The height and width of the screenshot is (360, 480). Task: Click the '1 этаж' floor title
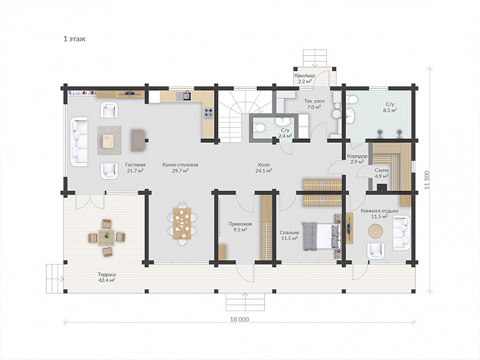coord(75,39)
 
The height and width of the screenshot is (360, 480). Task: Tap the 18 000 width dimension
coord(239,319)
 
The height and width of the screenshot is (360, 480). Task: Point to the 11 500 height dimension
coord(427,180)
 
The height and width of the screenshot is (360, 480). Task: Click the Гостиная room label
coord(136,165)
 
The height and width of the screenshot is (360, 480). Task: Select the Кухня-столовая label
coord(180,165)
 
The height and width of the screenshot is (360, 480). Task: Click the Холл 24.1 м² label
coord(263,167)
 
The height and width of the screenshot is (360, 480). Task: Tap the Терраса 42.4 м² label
coord(106,277)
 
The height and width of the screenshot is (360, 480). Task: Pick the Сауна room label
coord(381,170)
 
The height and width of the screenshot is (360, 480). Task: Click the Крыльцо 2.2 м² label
coord(305,78)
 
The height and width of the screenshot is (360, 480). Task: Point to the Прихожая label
coord(240,224)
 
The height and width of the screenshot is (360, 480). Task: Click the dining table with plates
coord(182,224)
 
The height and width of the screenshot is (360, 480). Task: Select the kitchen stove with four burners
coord(208,113)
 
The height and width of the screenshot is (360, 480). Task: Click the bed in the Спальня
coord(322,236)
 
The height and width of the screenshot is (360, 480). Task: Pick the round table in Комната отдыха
coord(376,231)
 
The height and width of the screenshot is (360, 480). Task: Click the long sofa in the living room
coord(79,141)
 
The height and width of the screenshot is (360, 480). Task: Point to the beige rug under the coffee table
coord(109,141)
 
